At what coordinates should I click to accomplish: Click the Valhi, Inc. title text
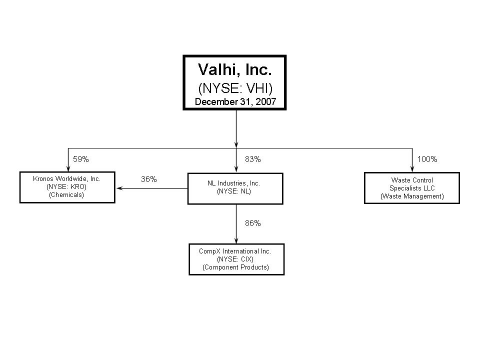pyautogui.click(x=235, y=70)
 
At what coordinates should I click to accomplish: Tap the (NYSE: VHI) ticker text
pyautogui.click(x=235, y=88)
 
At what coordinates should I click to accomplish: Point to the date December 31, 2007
pyautogui.click(x=235, y=102)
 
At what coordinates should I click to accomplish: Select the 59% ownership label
pyautogui.click(x=81, y=159)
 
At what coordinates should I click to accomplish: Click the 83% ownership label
pyautogui.click(x=253, y=159)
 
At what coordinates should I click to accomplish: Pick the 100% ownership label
pyautogui.click(x=427, y=159)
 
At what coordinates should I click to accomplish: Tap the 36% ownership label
pyautogui.click(x=149, y=179)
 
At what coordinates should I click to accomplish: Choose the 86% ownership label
pyautogui.click(x=253, y=223)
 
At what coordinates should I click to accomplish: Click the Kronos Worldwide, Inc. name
pyautogui.click(x=66, y=179)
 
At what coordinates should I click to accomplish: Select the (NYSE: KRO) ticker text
pyautogui.click(x=66, y=186)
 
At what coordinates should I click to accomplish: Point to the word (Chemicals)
pyautogui.click(x=66, y=194)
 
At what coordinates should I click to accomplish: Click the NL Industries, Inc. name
pyautogui.click(x=233, y=183)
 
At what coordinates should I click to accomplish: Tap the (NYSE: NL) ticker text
pyautogui.click(x=234, y=191)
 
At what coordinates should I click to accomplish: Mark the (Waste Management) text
pyautogui.click(x=412, y=196)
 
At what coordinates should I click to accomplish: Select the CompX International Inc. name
pyautogui.click(x=235, y=251)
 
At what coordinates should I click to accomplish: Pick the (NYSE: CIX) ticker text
pyautogui.click(x=235, y=259)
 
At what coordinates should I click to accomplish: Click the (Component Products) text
pyautogui.click(x=235, y=267)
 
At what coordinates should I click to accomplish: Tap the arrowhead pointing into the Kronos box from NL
pyautogui.click(x=119, y=188)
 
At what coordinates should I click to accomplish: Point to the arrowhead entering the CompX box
pyautogui.click(x=236, y=240)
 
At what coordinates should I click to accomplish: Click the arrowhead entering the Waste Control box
pyautogui.click(x=412, y=169)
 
